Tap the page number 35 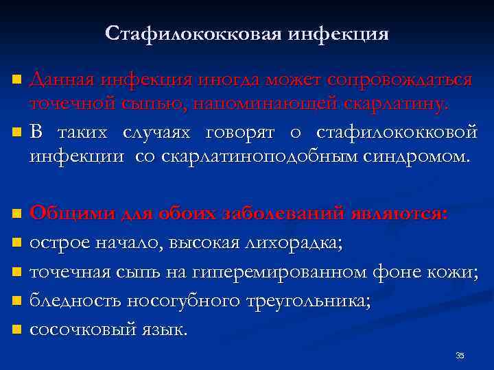[460, 355]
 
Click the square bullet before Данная [19, 82]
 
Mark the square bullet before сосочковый [19, 331]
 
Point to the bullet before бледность [19, 302]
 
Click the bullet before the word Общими [19, 214]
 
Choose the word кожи [454, 273]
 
